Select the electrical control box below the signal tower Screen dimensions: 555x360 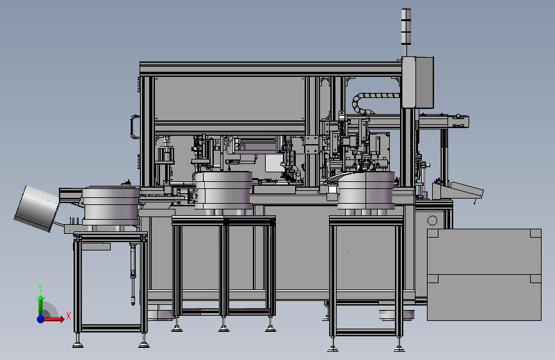(417, 82)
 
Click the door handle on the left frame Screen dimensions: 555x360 (134, 126)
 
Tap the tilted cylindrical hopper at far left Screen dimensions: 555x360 (37, 208)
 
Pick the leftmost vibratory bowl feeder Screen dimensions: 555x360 (111, 206)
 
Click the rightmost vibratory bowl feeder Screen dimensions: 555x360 (366, 191)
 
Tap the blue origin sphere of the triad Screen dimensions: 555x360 (41, 318)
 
